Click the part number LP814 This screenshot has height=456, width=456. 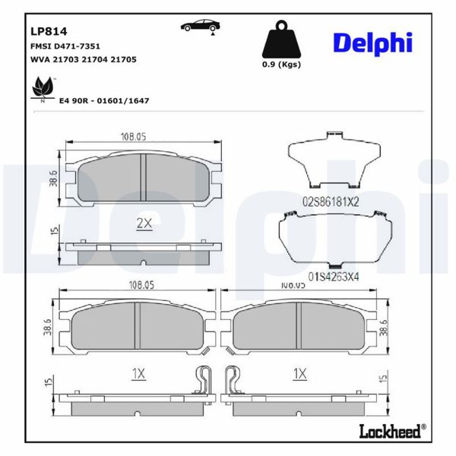[49, 32]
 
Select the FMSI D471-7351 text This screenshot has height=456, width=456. [65, 46]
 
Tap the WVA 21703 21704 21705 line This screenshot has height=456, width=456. [82, 59]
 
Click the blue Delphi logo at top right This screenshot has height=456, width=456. [372, 43]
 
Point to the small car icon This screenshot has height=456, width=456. [197, 27]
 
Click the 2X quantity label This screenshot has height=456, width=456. [144, 223]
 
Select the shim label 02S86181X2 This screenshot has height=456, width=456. [330, 201]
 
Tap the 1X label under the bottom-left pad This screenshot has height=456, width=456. [137, 373]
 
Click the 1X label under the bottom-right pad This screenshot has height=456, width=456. [299, 373]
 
